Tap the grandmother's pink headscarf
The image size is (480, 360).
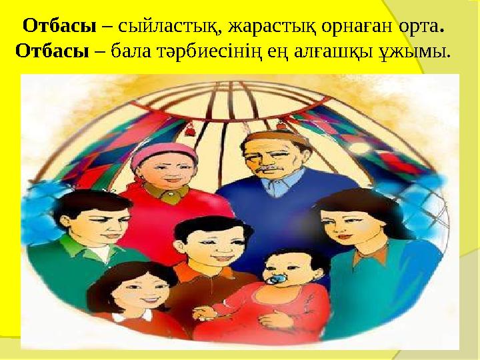(x=163, y=152)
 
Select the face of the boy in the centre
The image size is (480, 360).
(x=202, y=243)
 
